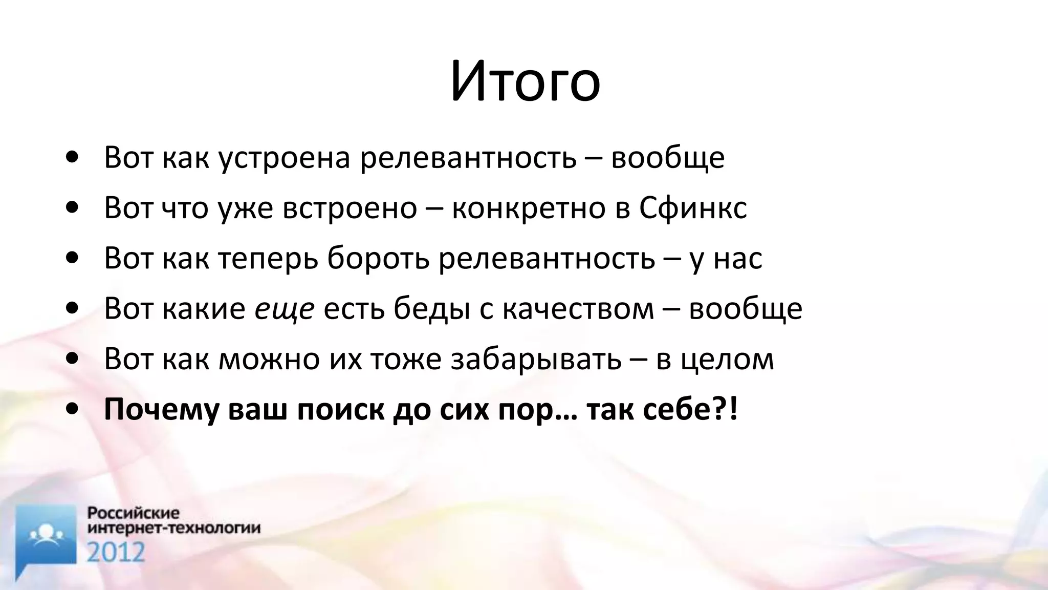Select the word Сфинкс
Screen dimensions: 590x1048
tap(693, 208)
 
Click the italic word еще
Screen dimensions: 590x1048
tap(285, 309)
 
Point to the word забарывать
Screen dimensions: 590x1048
tap(536, 360)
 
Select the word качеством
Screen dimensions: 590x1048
tap(578, 309)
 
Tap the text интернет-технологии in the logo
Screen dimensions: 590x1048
tap(174, 528)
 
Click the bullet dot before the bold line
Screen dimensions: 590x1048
tap(73, 410)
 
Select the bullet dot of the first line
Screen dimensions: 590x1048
tap(73, 158)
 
